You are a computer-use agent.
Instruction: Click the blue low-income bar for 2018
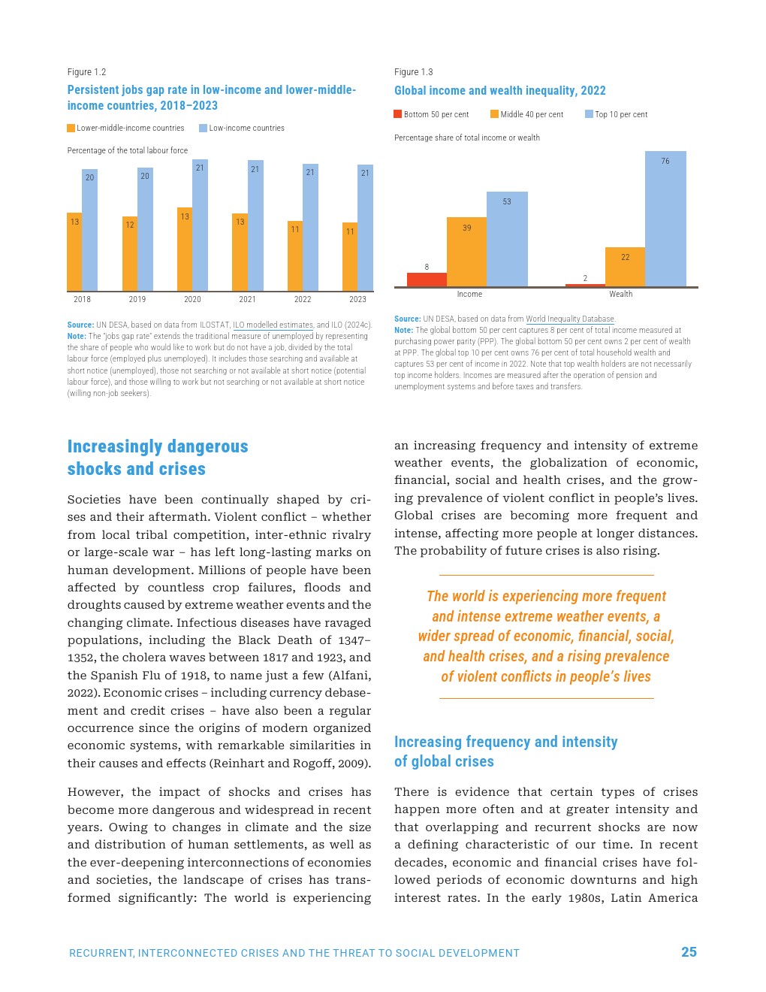click(89, 230)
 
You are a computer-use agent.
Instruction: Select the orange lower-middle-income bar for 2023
click(350, 257)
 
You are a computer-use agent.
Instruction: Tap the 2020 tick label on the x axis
click(192, 299)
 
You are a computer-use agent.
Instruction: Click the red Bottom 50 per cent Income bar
click(427, 280)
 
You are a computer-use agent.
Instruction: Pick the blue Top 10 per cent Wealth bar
click(665, 219)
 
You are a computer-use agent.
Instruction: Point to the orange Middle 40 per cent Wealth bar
click(625, 267)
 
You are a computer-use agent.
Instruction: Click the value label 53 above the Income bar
click(507, 201)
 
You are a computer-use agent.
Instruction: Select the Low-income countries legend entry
click(242, 129)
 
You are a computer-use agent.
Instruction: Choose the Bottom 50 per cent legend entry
click(431, 114)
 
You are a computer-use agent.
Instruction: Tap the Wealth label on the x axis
click(620, 294)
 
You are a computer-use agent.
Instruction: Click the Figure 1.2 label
click(86, 72)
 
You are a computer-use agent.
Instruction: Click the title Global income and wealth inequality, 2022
click(499, 90)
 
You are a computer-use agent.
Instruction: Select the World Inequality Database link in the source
click(569, 319)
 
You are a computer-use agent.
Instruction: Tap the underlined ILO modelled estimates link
click(273, 325)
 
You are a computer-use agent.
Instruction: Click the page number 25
click(689, 952)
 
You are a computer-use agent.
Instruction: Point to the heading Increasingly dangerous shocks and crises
click(157, 457)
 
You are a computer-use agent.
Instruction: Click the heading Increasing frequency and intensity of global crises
click(505, 752)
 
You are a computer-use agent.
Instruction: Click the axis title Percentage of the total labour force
click(128, 150)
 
